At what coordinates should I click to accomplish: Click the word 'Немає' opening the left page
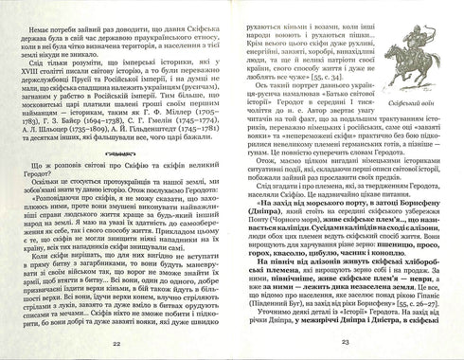pyautogui.click(x=35, y=15)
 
